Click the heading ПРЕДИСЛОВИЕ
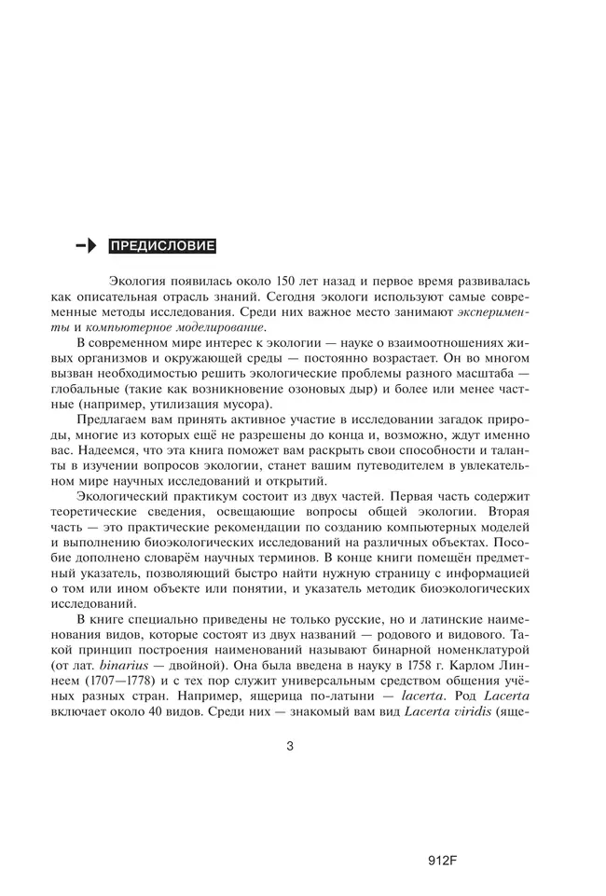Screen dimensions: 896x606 [162, 246]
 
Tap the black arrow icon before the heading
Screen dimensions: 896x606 [86, 246]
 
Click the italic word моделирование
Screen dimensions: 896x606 [218, 327]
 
